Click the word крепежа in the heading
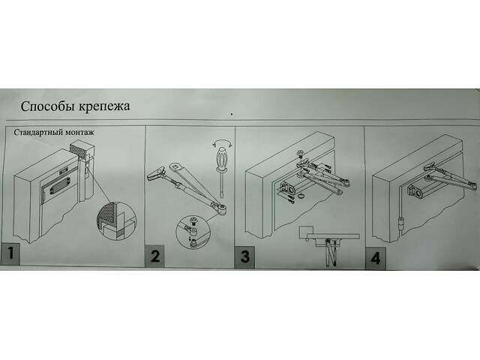tap(105, 106)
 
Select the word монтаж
tap(78, 133)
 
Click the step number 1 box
tap(10, 253)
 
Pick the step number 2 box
tap(154, 256)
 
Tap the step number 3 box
tap(244, 257)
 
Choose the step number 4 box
tap(375, 258)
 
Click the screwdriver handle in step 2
tap(221, 158)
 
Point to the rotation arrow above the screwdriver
tap(222, 142)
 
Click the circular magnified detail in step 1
tap(117, 220)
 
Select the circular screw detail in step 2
tap(193, 232)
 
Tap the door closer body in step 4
tap(419, 190)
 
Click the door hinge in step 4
tap(401, 226)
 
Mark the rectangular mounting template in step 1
tap(58, 189)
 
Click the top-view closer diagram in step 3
tap(328, 246)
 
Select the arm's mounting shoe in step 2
tap(157, 174)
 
